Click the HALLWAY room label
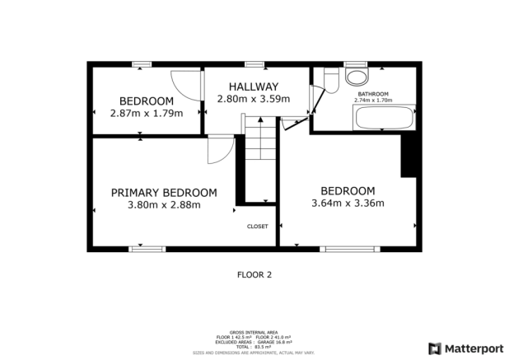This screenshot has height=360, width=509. coord(253,86)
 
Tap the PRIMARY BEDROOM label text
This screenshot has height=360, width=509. coord(164,192)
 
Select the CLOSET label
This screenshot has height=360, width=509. coord(258,226)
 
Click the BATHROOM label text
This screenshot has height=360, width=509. coord(372,94)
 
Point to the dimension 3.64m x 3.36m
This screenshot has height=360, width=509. coord(348,203)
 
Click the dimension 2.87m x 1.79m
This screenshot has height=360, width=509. coord(146,114)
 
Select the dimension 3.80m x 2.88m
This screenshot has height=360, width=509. coord(164,205)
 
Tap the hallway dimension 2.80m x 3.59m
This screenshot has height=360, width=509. coord(253,99)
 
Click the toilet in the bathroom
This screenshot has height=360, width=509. coord(331,80)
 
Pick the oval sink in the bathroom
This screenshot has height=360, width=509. coord(357,77)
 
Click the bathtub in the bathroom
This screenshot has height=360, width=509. coord(383,117)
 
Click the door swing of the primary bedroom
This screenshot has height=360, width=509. coord(218,149)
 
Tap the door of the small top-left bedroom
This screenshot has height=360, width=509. coord(185,86)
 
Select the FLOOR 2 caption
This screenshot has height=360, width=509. coord(254,274)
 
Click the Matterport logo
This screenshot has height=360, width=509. coord(463,348)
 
